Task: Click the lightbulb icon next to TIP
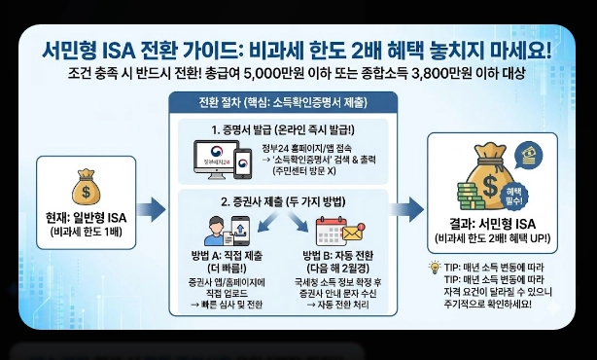click(x=435, y=266)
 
